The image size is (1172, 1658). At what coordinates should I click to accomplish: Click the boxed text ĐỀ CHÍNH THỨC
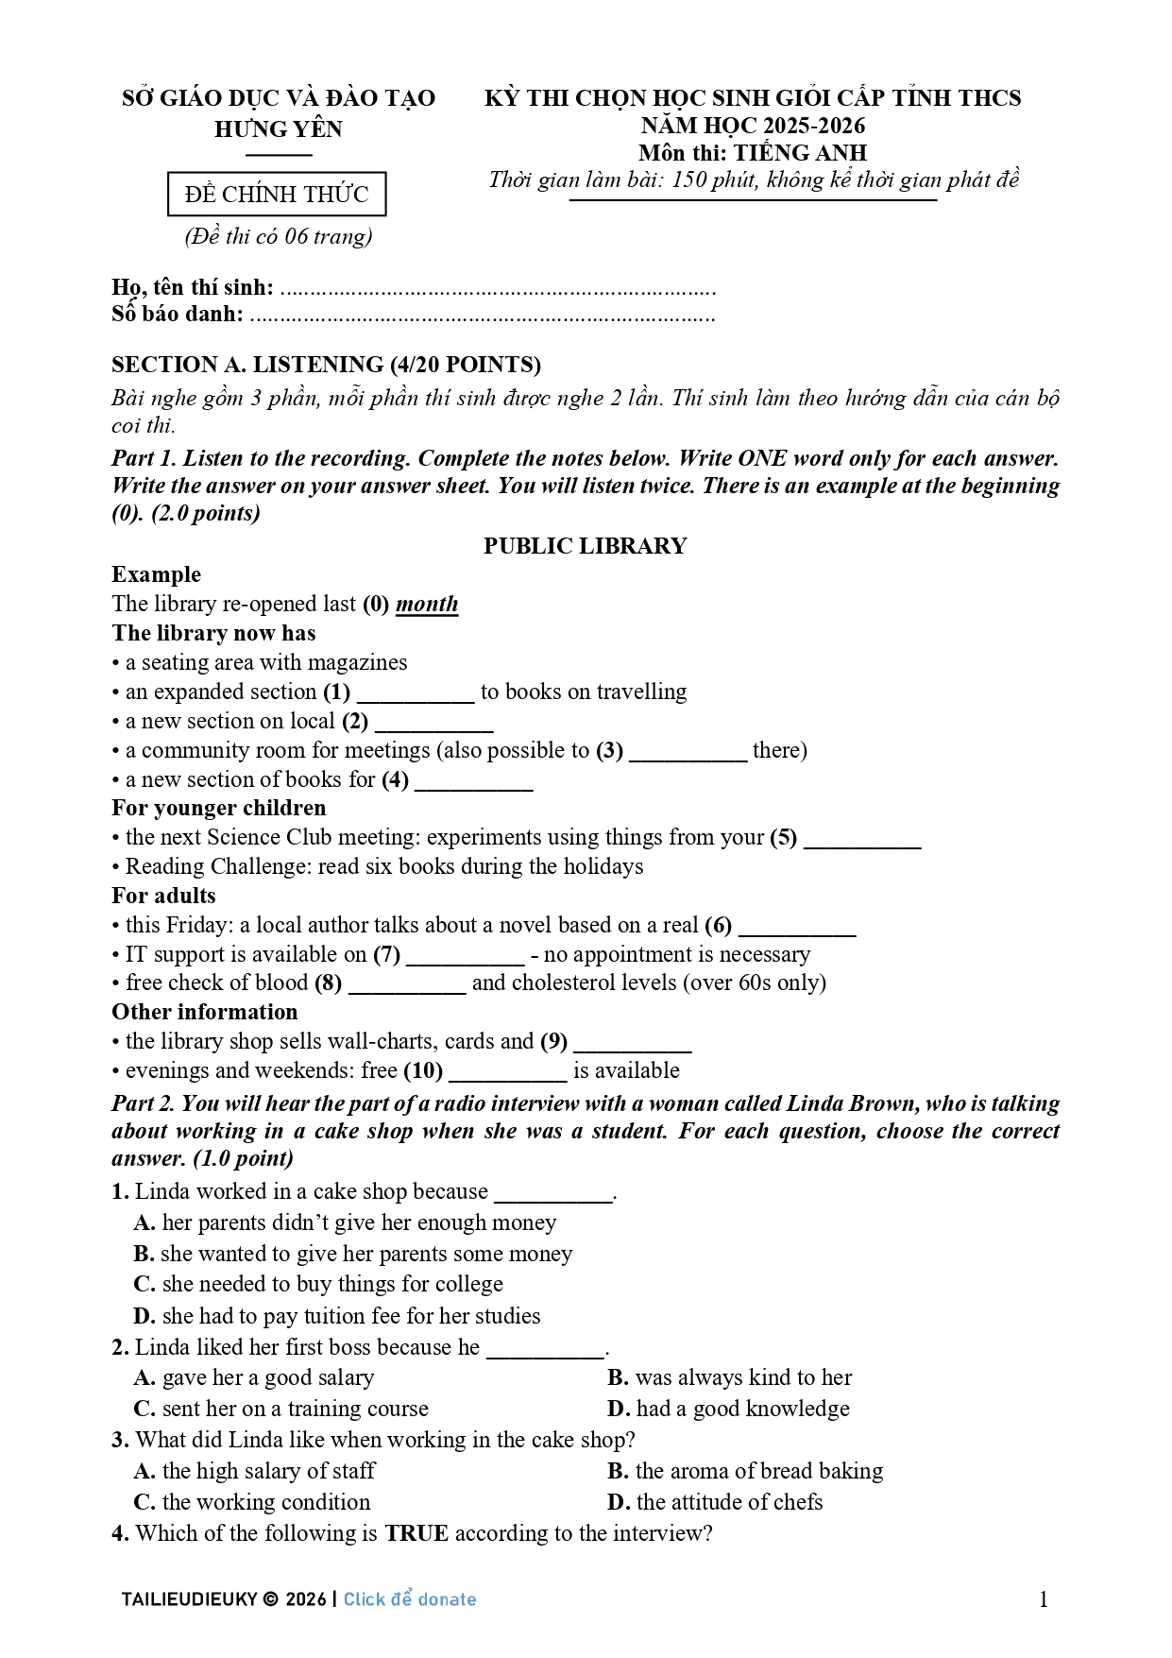pos(277,195)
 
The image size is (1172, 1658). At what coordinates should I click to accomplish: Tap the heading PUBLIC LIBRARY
pos(585,546)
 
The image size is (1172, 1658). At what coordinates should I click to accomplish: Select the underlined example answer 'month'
pos(427,605)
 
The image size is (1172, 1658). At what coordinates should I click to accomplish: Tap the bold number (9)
pos(553,1042)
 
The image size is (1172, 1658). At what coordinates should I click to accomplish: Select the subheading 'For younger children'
pos(219,809)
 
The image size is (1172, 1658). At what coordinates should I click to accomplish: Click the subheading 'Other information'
pos(205,1013)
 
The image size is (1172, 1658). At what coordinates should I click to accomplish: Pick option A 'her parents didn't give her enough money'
pos(346,1223)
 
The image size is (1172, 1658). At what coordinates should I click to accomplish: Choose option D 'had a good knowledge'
pos(728,1410)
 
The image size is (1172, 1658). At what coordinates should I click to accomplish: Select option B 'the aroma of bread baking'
pos(745,1472)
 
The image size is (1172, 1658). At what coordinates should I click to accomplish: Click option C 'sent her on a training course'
pos(281,1410)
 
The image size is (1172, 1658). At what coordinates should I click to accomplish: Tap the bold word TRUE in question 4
pos(416,1534)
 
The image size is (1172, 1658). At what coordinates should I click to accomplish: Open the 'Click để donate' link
pos(410,1599)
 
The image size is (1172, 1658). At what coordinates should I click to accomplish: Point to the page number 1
pos(1044,1599)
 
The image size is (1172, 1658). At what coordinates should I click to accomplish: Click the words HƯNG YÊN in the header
pos(279,129)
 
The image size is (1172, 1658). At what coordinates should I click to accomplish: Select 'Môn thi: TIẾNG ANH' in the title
pos(753,153)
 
